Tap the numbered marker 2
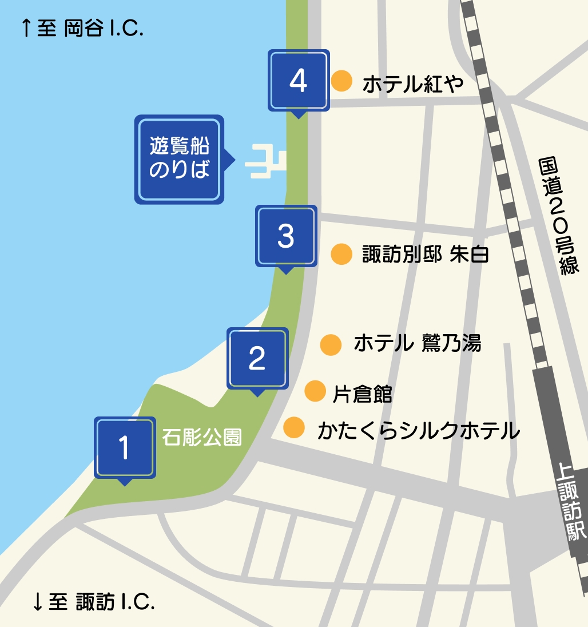click(x=257, y=359)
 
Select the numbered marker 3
click(x=285, y=236)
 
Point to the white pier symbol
click(x=265, y=162)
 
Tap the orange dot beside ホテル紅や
click(x=341, y=81)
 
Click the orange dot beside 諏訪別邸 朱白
click(x=341, y=254)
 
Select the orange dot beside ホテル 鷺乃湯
click(x=331, y=344)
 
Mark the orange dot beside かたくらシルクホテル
click(x=294, y=427)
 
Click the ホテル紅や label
click(x=412, y=85)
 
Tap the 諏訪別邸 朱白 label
click(x=426, y=255)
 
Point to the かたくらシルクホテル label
click(x=418, y=430)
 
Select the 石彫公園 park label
click(x=202, y=438)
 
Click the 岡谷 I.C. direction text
click(x=82, y=28)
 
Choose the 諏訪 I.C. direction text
click(x=94, y=601)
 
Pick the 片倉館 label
click(x=362, y=394)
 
